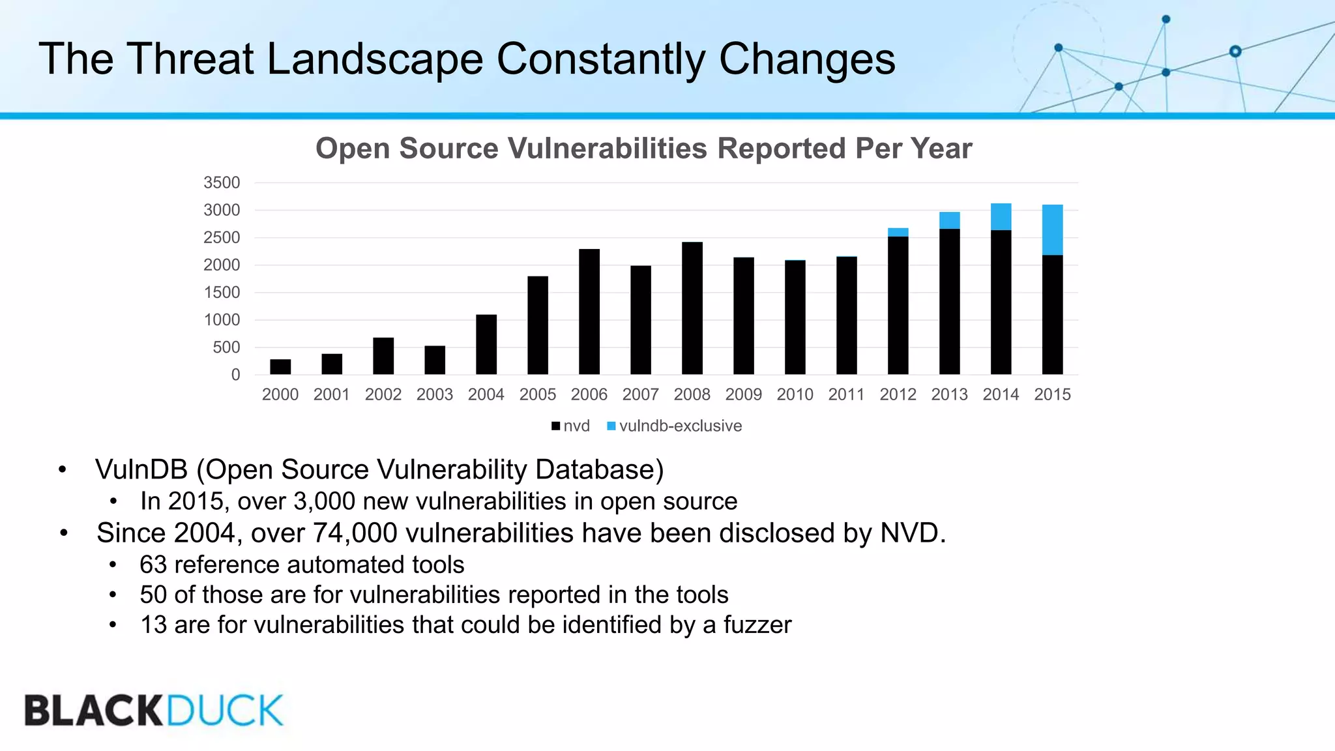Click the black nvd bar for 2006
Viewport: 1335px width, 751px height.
click(589, 312)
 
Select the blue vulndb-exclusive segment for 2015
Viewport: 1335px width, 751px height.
click(1052, 229)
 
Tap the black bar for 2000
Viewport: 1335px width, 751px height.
click(280, 366)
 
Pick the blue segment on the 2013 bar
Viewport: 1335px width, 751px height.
click(949, 220)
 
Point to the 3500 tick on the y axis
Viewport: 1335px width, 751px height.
click(222, 183)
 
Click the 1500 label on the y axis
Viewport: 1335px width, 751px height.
click(222, 293)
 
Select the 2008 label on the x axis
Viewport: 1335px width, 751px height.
click(692, 394)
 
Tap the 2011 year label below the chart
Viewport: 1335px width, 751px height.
click(846, 394)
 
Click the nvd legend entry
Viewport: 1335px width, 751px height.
click(570, 426)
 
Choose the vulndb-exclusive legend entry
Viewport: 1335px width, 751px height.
click(675, 426)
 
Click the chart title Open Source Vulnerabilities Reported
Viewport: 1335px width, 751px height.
click(643, 149)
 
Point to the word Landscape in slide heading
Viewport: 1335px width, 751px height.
click(375, 60)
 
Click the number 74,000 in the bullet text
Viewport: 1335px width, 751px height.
click(355, 533)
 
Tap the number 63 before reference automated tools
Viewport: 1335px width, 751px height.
click(153, 565)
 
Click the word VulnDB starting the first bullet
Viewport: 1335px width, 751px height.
click(141, 469)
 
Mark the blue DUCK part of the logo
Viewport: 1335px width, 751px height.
click(224, 711)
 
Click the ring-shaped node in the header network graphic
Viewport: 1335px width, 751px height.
click(1235, 52)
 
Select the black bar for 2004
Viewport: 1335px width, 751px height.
click(486, 344)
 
